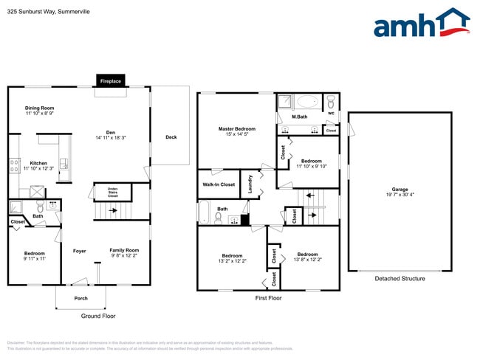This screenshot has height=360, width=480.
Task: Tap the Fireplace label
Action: pos(111,80)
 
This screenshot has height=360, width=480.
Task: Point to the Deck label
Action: pos(171,136)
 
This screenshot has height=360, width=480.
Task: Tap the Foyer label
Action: pos(80,251)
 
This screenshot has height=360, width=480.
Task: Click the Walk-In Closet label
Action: pos(219,184)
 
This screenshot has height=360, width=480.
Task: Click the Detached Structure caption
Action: pos(400,279)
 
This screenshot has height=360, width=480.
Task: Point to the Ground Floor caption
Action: pos(98,316)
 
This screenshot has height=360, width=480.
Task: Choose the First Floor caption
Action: pos(268,298)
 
